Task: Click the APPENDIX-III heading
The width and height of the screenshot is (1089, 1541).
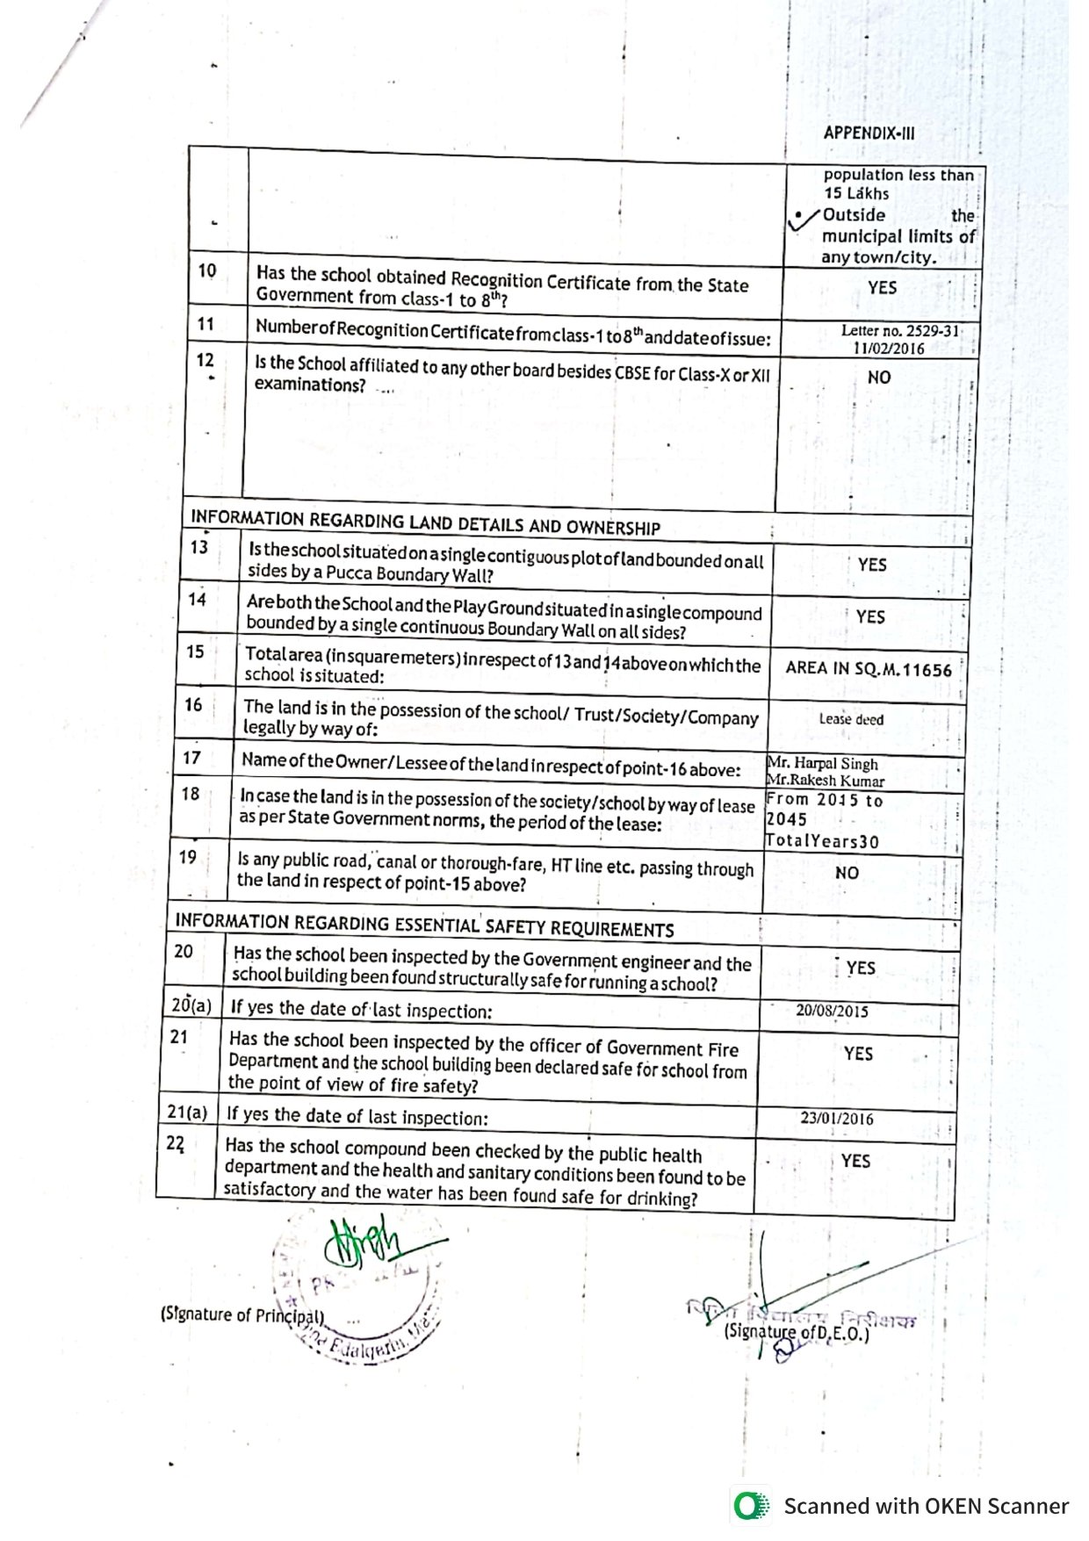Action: click(869, 134)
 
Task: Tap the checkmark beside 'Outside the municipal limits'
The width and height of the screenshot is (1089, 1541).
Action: click(802, 220)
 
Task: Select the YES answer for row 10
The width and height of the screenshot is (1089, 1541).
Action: click(882, 288)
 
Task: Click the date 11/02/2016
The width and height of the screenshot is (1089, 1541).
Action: click(889, 348)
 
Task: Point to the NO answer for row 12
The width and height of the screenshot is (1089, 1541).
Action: click(878, 378)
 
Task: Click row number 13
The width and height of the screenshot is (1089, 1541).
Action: click(199, 547)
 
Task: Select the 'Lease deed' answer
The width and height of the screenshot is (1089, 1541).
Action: click(851, 719)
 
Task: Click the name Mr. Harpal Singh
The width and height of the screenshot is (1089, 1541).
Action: click(822, 764)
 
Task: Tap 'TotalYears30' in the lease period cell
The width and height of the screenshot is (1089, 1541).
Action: click(822, 841)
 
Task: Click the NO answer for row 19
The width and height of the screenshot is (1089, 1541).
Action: click(847, 874)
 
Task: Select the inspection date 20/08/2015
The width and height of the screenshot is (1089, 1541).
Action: click(832, 1011)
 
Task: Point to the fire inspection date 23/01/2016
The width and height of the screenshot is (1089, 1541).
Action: click(836, 1119)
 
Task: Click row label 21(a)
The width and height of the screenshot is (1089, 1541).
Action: click(187, 1113)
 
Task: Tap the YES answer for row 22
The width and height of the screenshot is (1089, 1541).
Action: click(855, 1161)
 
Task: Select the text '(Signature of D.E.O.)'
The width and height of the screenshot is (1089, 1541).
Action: click(796, 1357)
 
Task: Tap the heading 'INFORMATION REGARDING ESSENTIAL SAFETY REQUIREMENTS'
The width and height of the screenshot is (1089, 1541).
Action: click(424, 925)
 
